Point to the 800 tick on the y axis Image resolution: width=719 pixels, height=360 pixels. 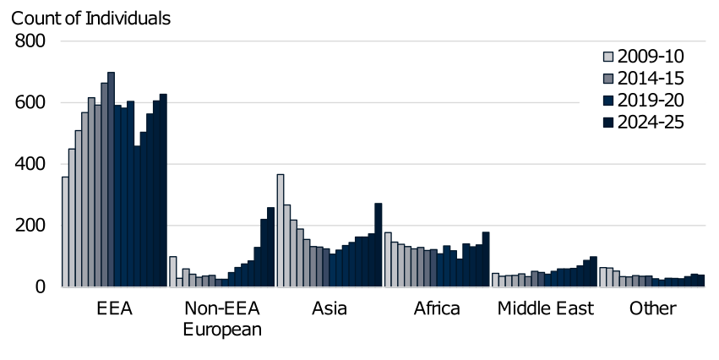[x=33, y=41]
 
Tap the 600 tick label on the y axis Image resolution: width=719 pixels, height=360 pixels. [x=33, y=103]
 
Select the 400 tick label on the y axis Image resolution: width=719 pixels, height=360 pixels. [x=33, y=164]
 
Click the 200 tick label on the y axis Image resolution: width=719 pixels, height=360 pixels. [x=33, y=226]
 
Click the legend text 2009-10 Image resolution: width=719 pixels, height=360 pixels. [x=649, y=57]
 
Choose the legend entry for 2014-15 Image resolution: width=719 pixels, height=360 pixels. [x=649, y=79]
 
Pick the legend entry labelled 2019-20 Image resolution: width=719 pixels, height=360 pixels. [x=649, y=101]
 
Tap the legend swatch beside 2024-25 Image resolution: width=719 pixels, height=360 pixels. [x=607, y=123]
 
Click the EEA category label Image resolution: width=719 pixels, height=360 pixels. [x=115, y=308]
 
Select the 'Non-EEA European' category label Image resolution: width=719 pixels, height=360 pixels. [x=222, y=319]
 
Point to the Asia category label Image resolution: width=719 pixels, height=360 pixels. [x=329, y=308]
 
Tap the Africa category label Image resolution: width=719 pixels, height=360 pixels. [x=437, y=308]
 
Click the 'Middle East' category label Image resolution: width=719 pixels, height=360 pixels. [x=545, y=308]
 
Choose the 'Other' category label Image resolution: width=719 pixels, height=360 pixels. [x=652, y=308]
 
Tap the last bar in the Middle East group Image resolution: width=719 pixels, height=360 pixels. [x=593, y=272]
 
